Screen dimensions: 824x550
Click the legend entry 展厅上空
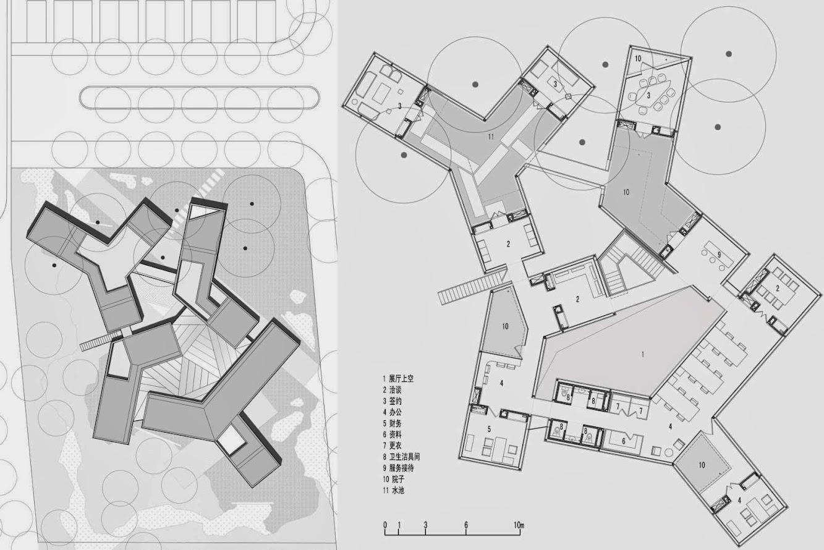[401, 379]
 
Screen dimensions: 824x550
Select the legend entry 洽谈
[396, 390]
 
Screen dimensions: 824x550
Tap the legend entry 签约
[396, 401]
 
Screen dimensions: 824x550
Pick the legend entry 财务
[396, 423]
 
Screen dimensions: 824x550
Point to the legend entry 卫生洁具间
[404, 457]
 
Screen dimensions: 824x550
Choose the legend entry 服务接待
[401, 468]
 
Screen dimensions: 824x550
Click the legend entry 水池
[397, 491]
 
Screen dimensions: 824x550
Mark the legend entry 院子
[397, 480]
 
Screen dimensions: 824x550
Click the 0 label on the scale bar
[385, 525]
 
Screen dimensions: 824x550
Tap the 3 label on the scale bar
[426, 525]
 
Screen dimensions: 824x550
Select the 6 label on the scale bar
[466, 525]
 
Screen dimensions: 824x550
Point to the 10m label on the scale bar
[519, 525]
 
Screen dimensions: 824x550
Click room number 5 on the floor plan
[489, 429]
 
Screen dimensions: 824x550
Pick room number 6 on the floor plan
[624, 441]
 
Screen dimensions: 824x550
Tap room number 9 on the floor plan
[719, 255]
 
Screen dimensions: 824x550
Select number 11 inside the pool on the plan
[491, 137]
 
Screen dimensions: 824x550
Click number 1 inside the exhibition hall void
[643, 355]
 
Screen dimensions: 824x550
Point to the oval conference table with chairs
[649, 95]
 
